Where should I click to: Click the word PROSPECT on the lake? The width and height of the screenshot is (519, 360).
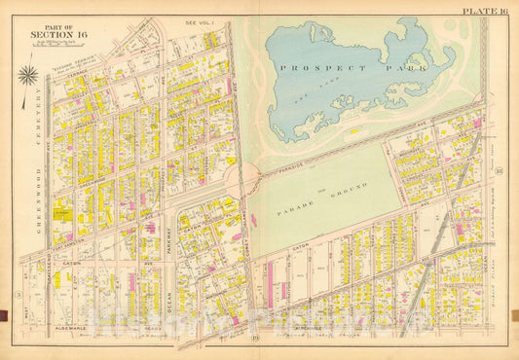[x=311, y=68]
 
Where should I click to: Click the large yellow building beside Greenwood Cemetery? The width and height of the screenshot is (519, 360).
[x=61, y=209]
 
